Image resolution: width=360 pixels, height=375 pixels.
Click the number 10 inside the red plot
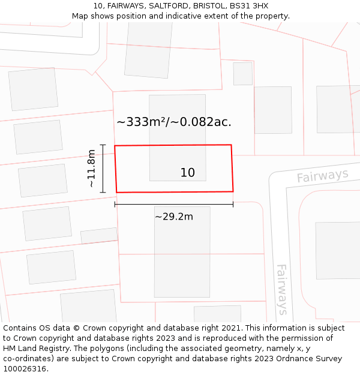coord(187,173)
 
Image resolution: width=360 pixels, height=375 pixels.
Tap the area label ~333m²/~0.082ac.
coord(174,122)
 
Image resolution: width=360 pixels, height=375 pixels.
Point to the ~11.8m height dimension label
coord(91,169)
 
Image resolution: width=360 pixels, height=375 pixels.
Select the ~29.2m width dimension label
coord(174,217)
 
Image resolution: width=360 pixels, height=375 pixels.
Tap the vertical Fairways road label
coord(281,289)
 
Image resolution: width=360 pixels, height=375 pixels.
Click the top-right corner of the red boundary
coord(231,145)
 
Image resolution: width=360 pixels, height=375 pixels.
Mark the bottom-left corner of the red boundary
coord(116,192)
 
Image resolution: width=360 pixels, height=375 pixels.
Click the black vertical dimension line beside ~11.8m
coord(103,169)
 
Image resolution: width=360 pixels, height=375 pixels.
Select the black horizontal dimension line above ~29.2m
coord(174,205)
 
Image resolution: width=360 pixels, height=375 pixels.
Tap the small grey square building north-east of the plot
coord(243,73)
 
